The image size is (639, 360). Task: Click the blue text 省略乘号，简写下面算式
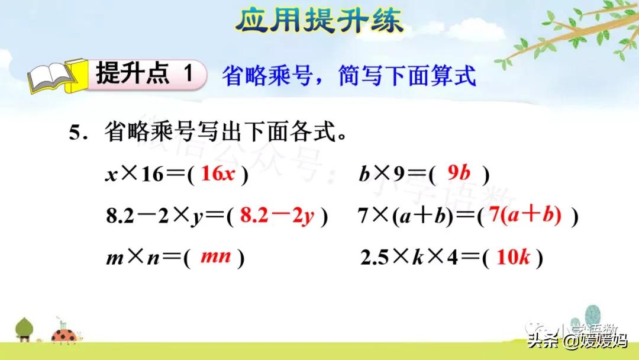coord(349,76)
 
